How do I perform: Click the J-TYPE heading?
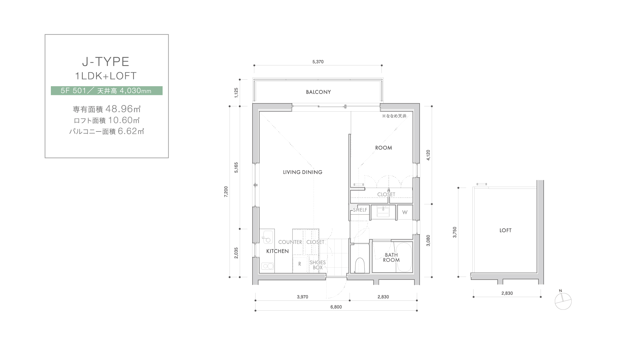coord(105,62)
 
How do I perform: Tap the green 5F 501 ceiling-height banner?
coord(107,91)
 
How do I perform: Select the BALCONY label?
coord(318,92)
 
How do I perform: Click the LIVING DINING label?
coord(302,172)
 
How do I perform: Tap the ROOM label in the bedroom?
coord(384,148)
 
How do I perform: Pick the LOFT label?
coord(506,230)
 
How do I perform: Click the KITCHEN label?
coord(278,251)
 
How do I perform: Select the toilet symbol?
coord(360,265)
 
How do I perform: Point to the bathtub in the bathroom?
coord(404,257)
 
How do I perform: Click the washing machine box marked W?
coord(405,212)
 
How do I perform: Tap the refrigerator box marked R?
coord(300,264)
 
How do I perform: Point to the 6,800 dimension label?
coord(336,307)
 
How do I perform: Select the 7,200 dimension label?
coord(226,192)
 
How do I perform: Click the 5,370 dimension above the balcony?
coord(318,62)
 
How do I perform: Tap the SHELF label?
coord(360,210)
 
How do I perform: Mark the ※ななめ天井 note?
coord(394,116)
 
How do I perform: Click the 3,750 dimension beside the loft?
coord(455,232)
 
